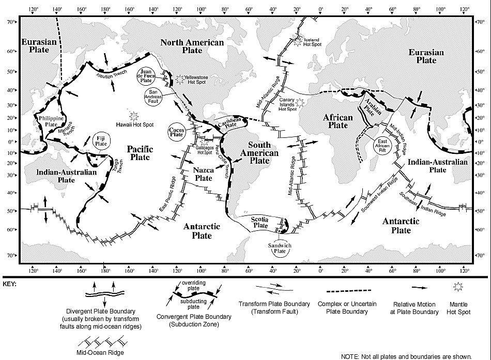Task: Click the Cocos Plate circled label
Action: [x=177, y=132]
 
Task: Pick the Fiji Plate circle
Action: [x=101, y=141]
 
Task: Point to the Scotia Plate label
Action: [x=260, y=222]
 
